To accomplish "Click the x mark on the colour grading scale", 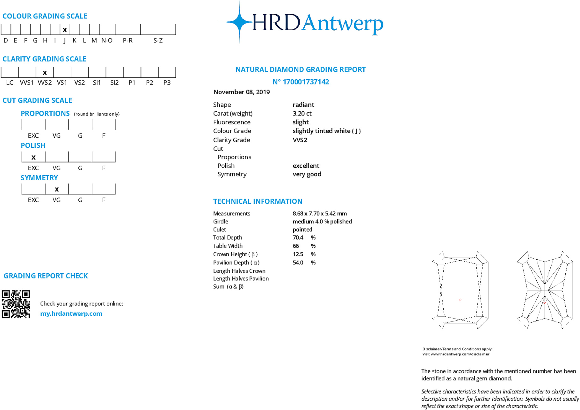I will click(x=65, y=30).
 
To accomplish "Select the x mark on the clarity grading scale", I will click(x=45, y=73).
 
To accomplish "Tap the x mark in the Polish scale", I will click(x=33, y=157).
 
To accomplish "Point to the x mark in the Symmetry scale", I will click(x=57, y=189).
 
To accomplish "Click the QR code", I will click(x=16, y=304).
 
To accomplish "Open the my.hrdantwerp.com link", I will click(x=71, y=313).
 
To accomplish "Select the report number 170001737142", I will click(x=306, y=82).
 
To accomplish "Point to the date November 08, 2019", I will click(x=242, y=92).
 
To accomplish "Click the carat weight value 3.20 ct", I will click(x=302, y=113).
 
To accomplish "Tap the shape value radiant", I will click(x=303, y=105).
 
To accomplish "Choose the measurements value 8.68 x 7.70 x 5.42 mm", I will click(x=320, y=213).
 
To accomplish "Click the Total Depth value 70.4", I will click(x=298, y=238).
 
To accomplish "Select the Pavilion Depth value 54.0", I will click(x=298, y=263).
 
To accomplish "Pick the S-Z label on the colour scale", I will click(x=158, y=40).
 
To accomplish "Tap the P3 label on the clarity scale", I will click(x=167, y=83).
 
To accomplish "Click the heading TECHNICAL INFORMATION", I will click(x=257, y=201).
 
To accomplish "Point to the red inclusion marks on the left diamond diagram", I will click(x=460, y=300).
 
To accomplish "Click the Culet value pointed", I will click(x=302, y=229).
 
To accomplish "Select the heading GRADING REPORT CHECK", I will click(x=46, y=276).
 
